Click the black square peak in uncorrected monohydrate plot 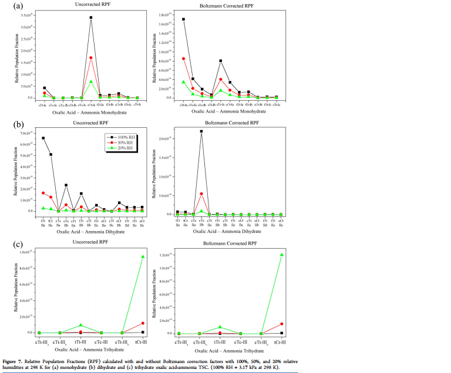91,18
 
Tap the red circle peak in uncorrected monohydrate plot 91,57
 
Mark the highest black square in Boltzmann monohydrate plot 184,19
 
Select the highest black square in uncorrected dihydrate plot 43,138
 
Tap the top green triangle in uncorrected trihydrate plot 143,256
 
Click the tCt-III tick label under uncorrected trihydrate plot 142,340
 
